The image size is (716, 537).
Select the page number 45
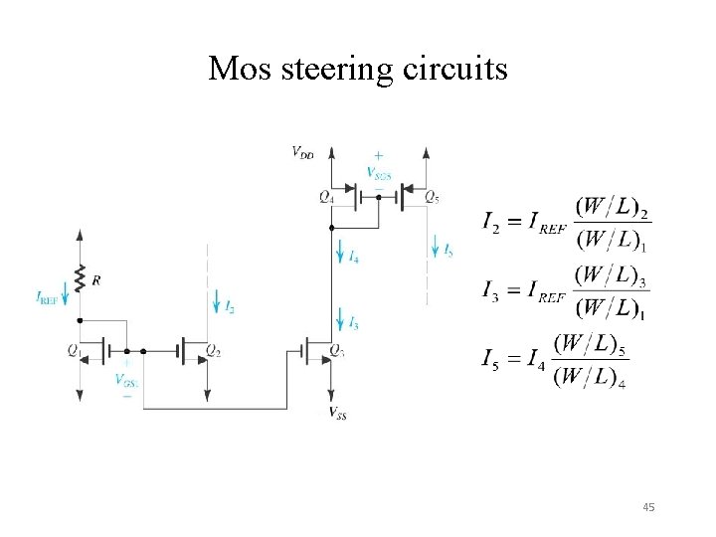649,508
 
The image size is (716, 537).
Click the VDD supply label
304,152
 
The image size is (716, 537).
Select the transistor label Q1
74,349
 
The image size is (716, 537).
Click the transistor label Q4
326,197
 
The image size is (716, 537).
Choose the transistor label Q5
432,197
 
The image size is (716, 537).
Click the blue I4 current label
354,257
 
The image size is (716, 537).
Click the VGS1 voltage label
125,380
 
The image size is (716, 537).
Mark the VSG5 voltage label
379,172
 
